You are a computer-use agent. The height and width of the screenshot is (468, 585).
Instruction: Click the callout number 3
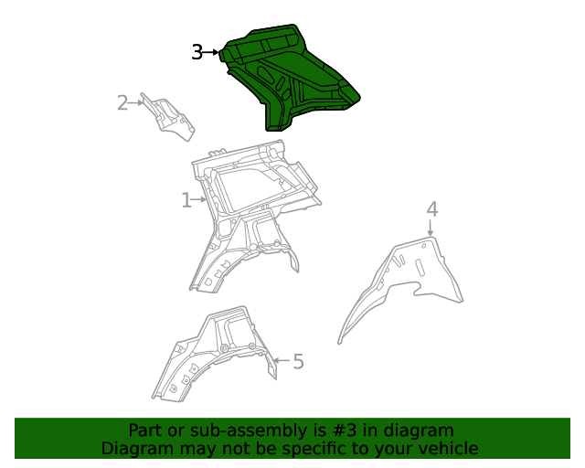tap(197, 53)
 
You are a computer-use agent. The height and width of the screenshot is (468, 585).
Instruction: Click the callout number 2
tap(122, 102)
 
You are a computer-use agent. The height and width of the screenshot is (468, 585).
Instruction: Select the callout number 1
tap(186, 199)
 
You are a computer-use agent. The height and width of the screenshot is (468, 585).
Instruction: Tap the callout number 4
tap(431, 209)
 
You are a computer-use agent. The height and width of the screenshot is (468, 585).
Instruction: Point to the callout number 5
tap(298, 362)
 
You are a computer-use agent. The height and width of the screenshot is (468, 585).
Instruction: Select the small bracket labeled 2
tap(172, 117)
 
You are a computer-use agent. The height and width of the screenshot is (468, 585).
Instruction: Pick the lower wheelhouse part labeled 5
tap(210, 356)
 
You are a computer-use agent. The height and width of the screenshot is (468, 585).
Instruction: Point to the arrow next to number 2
tap(139, 102)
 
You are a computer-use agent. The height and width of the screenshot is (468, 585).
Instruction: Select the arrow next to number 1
tap(201, 199)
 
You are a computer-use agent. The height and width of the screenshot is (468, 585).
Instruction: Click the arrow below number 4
tap(431, 229)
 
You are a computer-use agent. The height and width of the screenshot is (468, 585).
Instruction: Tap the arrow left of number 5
tap(280, 362)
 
